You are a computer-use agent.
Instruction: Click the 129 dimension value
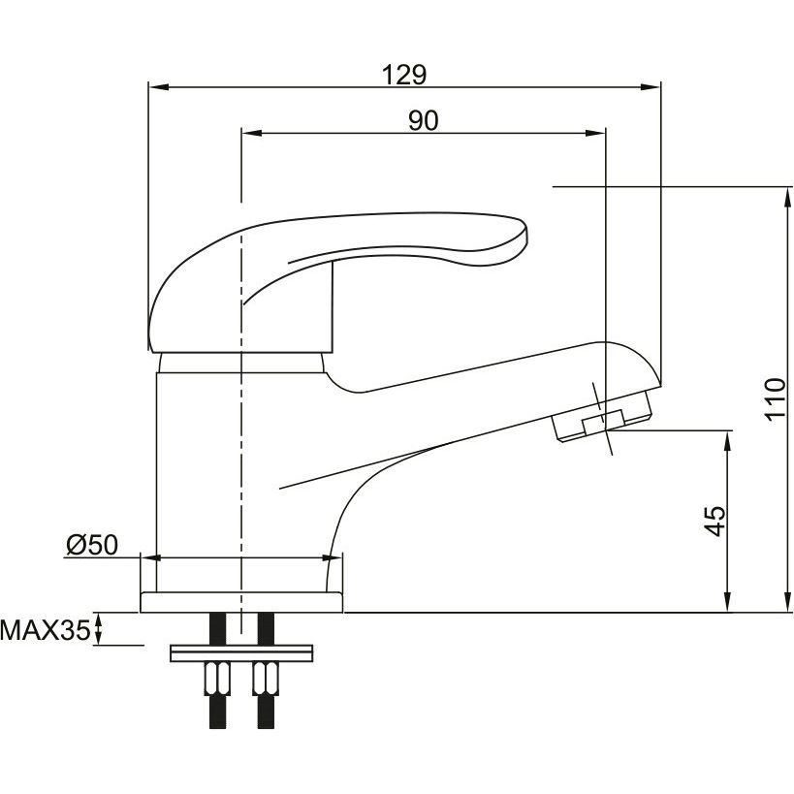pyautogui.click(x=404, y=75)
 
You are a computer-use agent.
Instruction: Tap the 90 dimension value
pyautogui.click(x=424, y=120)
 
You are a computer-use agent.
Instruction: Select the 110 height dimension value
pyautogui.click(x=776, y=399)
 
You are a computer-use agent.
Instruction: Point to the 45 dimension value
pyautogui.click(x=715, y=521)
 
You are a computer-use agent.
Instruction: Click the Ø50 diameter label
pyautogui.click(x=92, y=545)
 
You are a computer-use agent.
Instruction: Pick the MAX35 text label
pyautogui.click(x=45, y=630)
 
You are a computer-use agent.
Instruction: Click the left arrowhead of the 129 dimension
pyautogui.click(x=157, y=87)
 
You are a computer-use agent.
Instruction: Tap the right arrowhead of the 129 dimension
pyautogui.click(x=651, y=87)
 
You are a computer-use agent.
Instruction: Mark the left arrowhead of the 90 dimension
pyautogui.click(x=252, y=133)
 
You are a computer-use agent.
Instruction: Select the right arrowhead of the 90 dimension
pyautogui.click(x=595, y=133)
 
